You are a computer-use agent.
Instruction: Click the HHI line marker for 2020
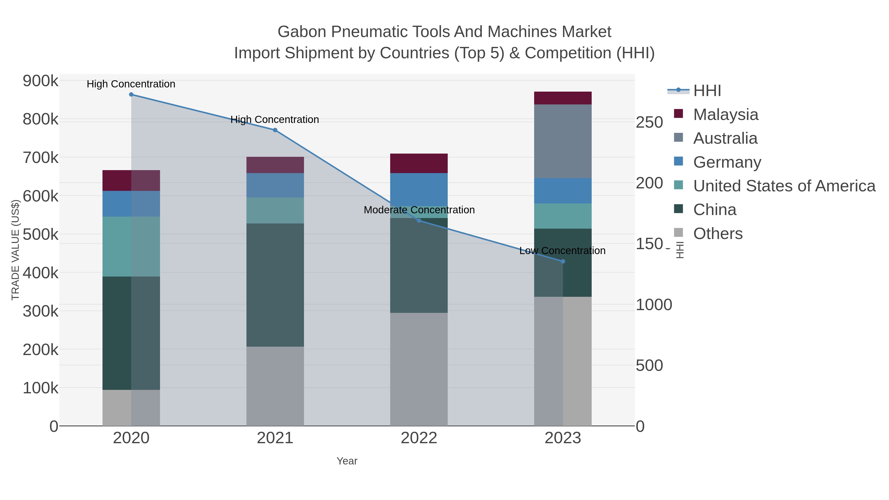pyautogui.click(x=131, y=95)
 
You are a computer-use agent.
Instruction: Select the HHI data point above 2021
pyautogui.click(x=275, y=130)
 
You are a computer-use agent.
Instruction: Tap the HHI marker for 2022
pyautogui.click(x=419, y=220)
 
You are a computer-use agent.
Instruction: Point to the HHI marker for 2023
pyautogui.click(x=563, y=261)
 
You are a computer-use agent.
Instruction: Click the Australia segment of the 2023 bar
pyautogui.click(x=563, y=141)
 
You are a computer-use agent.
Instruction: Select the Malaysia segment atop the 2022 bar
pyautogui.click(x=419, y=163)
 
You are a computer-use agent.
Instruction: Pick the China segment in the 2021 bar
pyautogui.click(x=275, y=285)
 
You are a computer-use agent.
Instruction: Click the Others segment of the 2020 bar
pyautogui.click(x=131, y=408)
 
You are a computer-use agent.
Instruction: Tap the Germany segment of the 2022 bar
pyautogui.click(x=419, y=189)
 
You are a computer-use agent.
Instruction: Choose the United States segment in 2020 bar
pyautogui.click(x=131, y=246)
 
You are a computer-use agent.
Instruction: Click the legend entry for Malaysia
pyautogui.click(x=726, y=115)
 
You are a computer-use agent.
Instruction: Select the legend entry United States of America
pyautogui.click(x=784, y=186)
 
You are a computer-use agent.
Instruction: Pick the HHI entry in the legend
pyautogui.click(x=707, y=91)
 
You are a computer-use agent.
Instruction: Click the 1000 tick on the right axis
pyautogui.click(x=654, y=305)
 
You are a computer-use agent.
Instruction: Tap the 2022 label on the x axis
pyautogui.click(x=419, y=438)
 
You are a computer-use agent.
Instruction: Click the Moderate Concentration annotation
pyautogui.click(x=419, y=210)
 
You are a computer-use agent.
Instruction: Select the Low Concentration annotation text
pyautogui.click(x=562, y=251)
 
